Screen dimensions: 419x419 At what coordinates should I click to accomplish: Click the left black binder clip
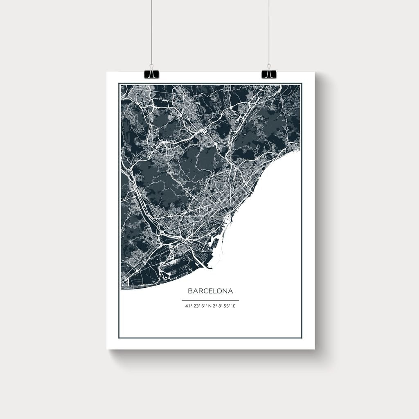pyautogui.click(x=151, y=74)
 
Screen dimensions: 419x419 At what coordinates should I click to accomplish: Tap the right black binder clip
pyautogui.click(x=269, y=74)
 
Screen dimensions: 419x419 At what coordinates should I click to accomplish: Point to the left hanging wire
pyautogui.click(x=151, y=33)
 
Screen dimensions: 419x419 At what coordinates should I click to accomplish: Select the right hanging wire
pyautogui.click(x=269, y=33)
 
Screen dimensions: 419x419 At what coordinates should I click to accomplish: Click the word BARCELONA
pyautogui.click(x=210, y=291)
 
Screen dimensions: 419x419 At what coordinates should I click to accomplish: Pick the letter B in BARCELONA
pyautogui.click(x=190, y=291)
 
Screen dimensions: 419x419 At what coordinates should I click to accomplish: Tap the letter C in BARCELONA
pyautogui.click(x=205, y=291)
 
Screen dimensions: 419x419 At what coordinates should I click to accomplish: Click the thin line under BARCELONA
pyautogui.click(x=210, y=301)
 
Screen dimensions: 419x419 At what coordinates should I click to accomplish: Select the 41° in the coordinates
pyautogui.click(x=189, y=306)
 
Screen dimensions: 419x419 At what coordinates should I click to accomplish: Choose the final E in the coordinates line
pyautogui.click(x=234, y=306)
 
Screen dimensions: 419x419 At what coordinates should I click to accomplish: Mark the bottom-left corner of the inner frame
pyautogui.click(x=119, y=338)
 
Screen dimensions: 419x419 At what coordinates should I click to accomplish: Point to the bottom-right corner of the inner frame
pyautogui.click(x=302, y=338)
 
